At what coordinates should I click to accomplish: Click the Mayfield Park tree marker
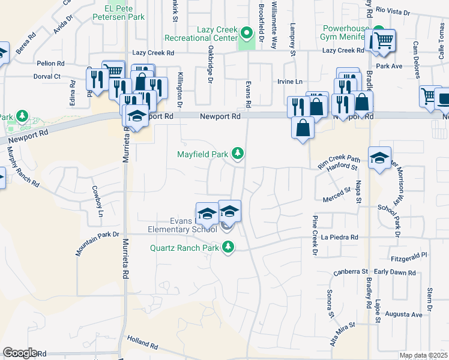tap(238, 154)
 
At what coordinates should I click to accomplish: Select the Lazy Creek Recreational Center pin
tap(246, 32)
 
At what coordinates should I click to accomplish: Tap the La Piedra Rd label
tap(339, 238)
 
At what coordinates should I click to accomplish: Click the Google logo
tap(20, 353)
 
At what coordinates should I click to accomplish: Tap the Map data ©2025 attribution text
tap(423, 355)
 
